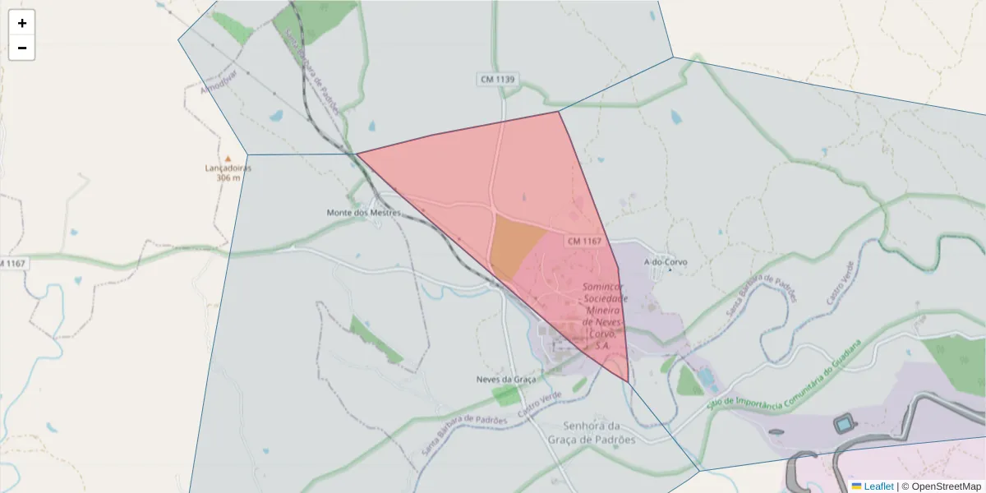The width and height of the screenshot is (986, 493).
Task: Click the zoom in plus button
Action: click(x=22, y=23)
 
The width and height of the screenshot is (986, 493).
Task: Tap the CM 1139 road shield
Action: click(x=498, y=79)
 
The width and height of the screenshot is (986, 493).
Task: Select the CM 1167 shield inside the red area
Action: click(x=585, y=242)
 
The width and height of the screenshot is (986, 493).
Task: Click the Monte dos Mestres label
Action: click(x=364, y=213)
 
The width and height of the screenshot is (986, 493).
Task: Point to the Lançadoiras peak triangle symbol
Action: click(x=228, y=159)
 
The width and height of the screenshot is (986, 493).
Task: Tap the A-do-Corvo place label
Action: click(x=666, y=263)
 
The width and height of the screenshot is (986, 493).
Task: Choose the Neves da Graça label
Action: click(x=506, y=380)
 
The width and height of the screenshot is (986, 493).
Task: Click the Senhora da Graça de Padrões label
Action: click(x=592, y=432)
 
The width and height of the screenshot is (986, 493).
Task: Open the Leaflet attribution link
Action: click(x=878, y=486)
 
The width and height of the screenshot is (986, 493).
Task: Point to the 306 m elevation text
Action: click(x=228, y=177)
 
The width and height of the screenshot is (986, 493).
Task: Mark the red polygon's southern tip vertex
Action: click(x=628, y=382)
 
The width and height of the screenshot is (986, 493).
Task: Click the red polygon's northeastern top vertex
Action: click(x=559, y=112)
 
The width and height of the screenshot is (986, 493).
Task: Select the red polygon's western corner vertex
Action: click(x=356, y=154)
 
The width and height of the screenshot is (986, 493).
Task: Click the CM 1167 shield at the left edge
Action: click(x=13, y=263)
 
